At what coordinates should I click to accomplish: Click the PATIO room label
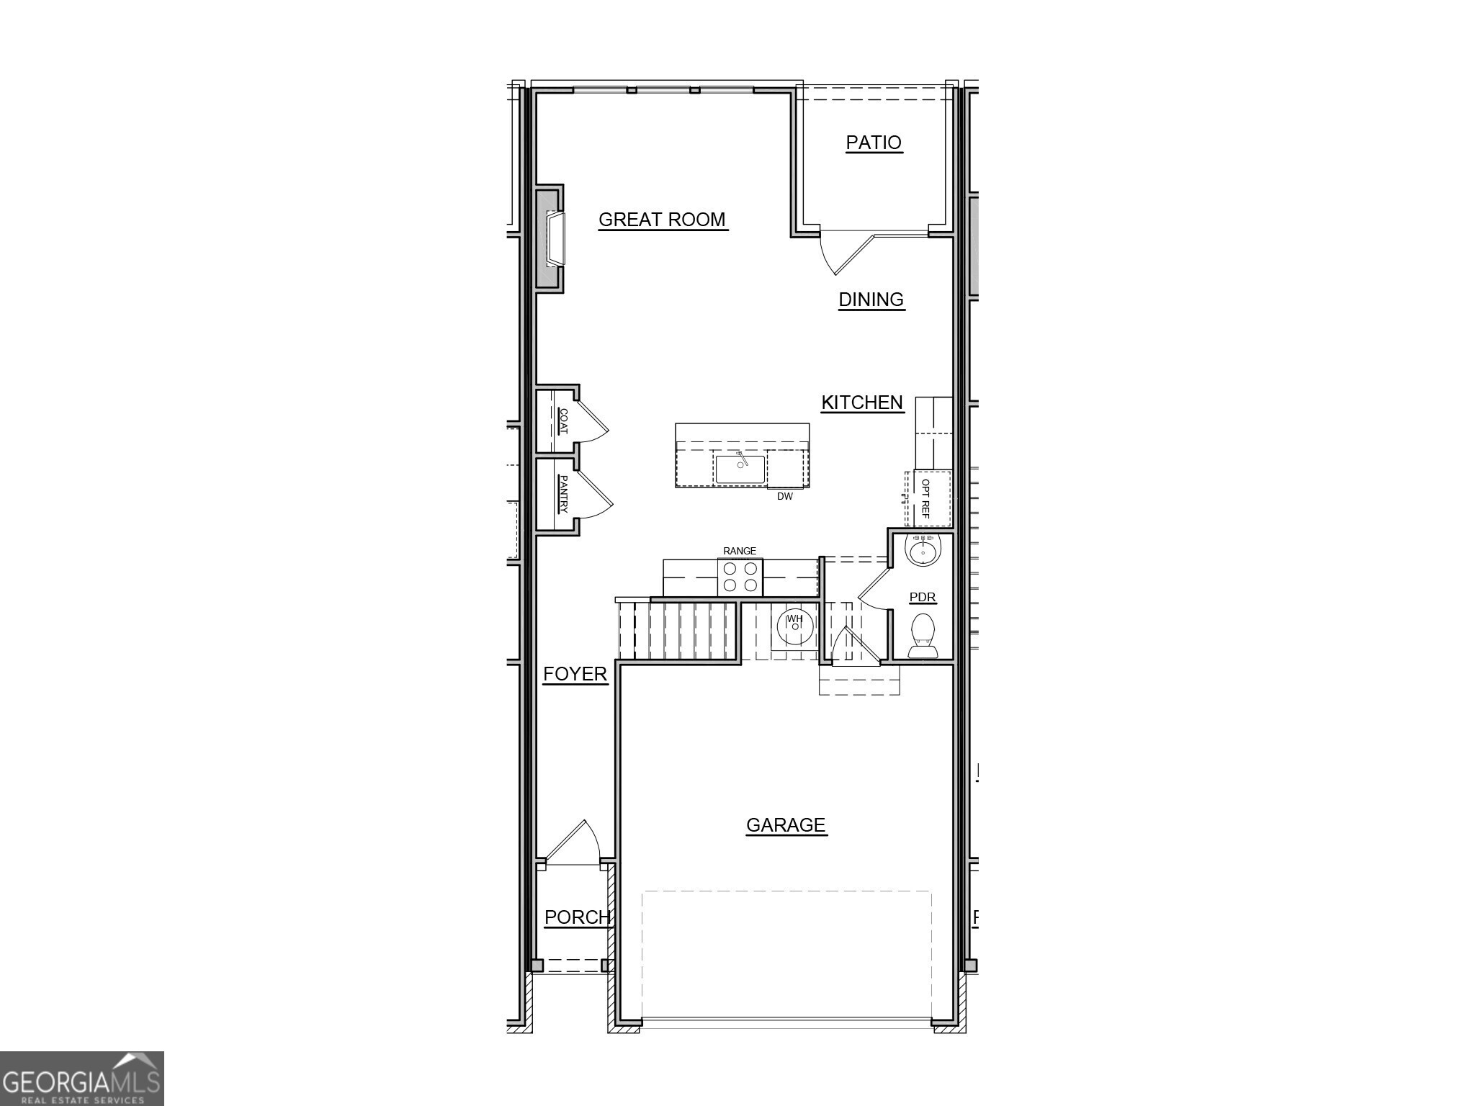pyautogui.click(x=873, y=143)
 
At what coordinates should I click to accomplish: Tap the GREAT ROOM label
pyautogui.click(x=662, y=220)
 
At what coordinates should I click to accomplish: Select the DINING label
pyautogui.click(x=871, y=300)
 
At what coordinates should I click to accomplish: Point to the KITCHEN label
pyautogui.click(x=862, y=403)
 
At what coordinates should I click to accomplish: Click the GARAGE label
pyautogui.click(x=785, y=825)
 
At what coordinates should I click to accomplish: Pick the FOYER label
pyautogui.click(x=575, y=674)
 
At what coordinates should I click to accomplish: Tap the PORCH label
pyautogui.click(x=577, y=917)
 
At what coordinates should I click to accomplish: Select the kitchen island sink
pyautogui.click(x=740, y=469)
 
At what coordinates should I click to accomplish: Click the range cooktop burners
pyautogui.click(x=740, y=577)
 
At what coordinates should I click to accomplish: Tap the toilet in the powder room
pyautogui.click(x=923, y=635)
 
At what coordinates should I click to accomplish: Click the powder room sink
pyautogui.click(x=923, y=552)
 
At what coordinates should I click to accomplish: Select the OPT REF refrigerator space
pyautogui.click(x=927, y=498)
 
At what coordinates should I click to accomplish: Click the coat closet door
pyautogui.click(x=593, y=421)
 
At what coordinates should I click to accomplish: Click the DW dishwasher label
pyautogui.click(x=784, y=497)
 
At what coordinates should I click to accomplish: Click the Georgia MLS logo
pyautogui.click(x=81, y=1079)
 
